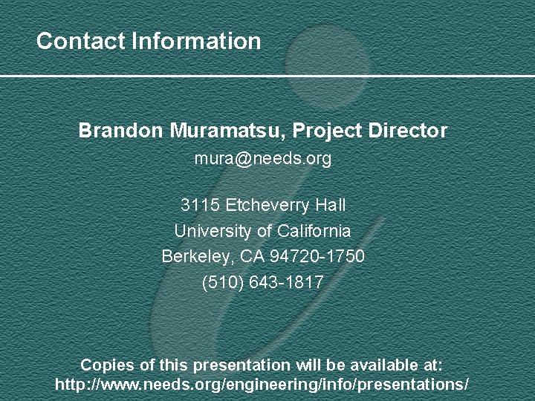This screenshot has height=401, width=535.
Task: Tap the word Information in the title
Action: coord(196,41)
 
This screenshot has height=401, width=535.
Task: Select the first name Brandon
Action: coord(120,131)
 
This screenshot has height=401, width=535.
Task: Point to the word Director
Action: coord(408,131)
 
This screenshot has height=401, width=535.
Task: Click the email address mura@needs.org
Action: coord(262,159)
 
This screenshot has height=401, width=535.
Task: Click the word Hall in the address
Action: coord(331,205)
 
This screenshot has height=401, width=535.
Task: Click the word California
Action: coord(314,231)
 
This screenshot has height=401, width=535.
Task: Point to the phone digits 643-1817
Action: coord(289,283)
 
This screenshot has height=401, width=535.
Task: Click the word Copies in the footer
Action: coord(105,365)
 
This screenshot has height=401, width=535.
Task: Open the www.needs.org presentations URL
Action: coord(262,385)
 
